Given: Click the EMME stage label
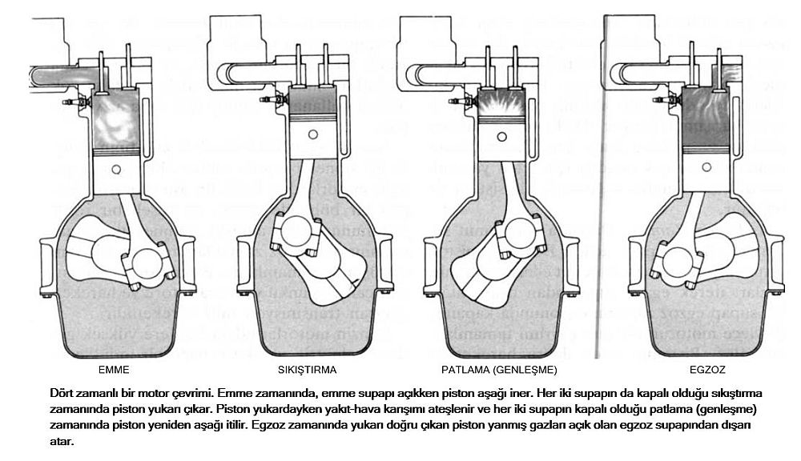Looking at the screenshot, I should [x=114, y=371].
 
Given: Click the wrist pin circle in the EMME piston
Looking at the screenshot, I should [x=118, y=168].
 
